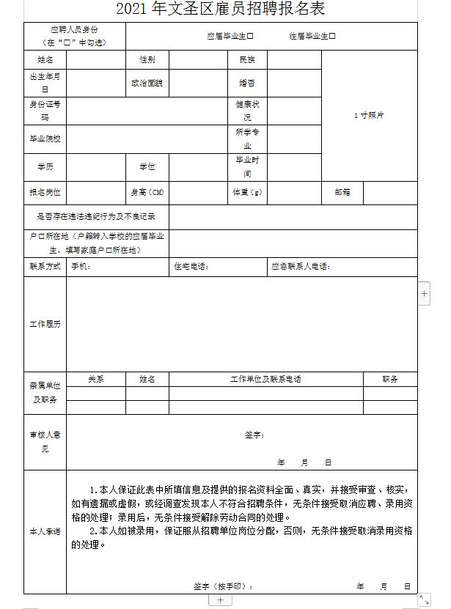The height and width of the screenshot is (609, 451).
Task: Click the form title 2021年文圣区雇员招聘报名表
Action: pyautogui.click(x=220, y=10)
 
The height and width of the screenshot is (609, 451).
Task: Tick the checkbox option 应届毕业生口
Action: pyautogui.click(x=230, y=35)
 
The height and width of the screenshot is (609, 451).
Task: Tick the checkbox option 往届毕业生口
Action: pyautogui.click(x=312, y=35)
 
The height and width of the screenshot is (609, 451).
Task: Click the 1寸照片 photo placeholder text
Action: pyautogui.click(x=369, y=115)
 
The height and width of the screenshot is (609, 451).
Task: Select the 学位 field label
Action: pyautogui.click(x=147, y=166)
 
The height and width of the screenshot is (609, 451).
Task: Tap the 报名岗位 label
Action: pyautogui.click(x=45, y=192)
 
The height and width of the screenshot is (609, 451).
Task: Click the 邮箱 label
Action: pyautogui.click(x=342, y=192)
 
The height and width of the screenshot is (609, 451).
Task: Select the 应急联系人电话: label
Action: pyautogui.click(x=301, y=266)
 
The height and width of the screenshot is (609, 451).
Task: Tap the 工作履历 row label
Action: pyautogui.click(x=45, y=323)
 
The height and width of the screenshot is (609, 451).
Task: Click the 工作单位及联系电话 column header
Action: pyautogui.click(x=265, y=379)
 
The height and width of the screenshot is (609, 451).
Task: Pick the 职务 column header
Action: pyautogui.click(x=390, y=379)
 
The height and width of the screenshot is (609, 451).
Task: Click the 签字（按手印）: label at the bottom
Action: pyautogui.click(x=224, y=586)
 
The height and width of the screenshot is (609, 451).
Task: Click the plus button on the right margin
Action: pyautogui.click(x=425, y=293)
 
